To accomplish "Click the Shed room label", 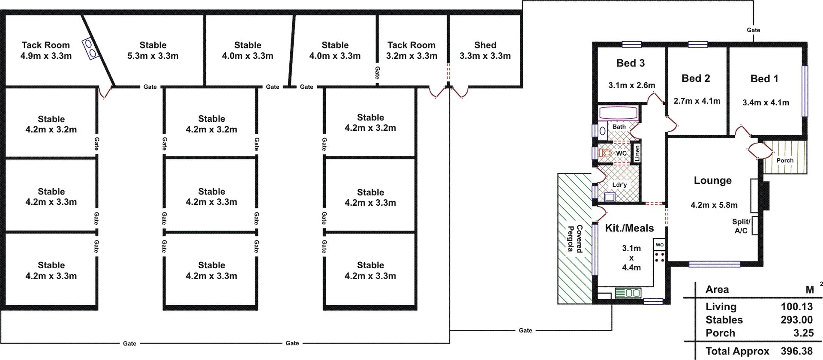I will (485, 45).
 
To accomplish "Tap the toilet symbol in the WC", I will (605, 153).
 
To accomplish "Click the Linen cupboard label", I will (637, 153).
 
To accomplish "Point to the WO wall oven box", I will (659, 245).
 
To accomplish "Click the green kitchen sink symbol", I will (628, 293).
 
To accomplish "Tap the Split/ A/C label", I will (741, 226).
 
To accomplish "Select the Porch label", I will (785, 160).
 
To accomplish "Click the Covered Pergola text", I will (575, 238).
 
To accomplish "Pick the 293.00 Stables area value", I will (796, 320).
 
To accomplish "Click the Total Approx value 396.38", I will (796, 351).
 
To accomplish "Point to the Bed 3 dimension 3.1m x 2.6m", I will (631, 85).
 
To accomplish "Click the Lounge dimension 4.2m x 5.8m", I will (714, 205).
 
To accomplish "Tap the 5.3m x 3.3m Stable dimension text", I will (153, 56).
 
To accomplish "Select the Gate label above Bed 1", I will (753, 30).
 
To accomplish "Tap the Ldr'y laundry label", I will (619, 185).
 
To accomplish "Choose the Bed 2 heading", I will (696, 78).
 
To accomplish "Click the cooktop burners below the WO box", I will (660, 257).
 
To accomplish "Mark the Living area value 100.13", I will (796, 306).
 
